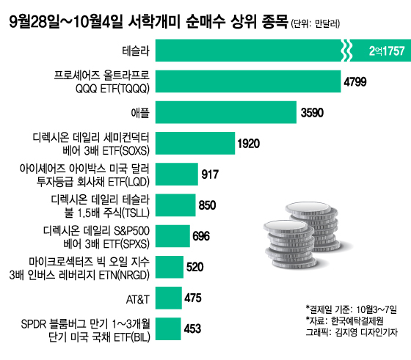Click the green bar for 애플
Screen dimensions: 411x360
pos(226,112)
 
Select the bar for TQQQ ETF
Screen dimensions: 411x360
pos(248,81)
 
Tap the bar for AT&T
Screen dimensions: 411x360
pos(169,298)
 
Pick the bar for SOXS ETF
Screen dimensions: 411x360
pos(195,143)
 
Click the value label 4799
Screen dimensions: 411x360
pos(355,82)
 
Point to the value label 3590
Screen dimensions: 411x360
pos(312,113)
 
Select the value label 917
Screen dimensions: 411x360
pos(210,175)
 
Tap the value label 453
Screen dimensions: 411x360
pos(192,329)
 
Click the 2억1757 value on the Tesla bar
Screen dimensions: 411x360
pos(387,51)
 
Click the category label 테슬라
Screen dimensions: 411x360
pos(136,51)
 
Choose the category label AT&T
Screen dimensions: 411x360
pos(138,299)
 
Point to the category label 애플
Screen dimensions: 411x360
pos(140,113)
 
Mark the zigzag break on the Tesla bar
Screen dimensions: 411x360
pos(346,51)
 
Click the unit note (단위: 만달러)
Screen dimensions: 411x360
pos(316,23)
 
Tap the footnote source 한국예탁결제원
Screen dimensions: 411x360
pos(357,320)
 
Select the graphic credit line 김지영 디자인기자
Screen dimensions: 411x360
pos(366,332)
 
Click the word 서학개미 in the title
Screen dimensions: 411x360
pos(154,21)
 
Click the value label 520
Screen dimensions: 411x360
pos(194,267)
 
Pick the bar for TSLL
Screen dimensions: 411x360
pos(175,205)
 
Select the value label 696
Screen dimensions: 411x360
pos(201,236)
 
